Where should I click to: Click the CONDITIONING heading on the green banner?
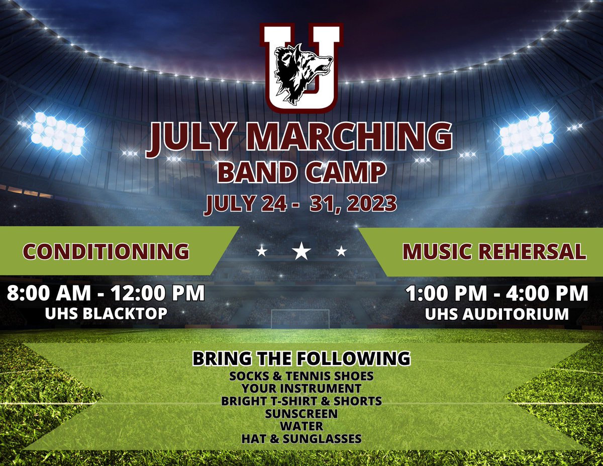[107, 251]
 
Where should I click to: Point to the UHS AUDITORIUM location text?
[497, 314]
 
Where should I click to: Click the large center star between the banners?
[301, 251]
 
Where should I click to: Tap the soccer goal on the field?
[300, 318]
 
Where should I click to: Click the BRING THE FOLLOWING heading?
[301, 359]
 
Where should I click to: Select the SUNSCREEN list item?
[301, 414]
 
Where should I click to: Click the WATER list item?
[301, 426]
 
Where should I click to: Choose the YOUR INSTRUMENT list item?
[301, 389]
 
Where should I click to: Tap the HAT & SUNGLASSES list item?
[301, 439]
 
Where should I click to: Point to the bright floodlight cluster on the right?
[526, 133]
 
